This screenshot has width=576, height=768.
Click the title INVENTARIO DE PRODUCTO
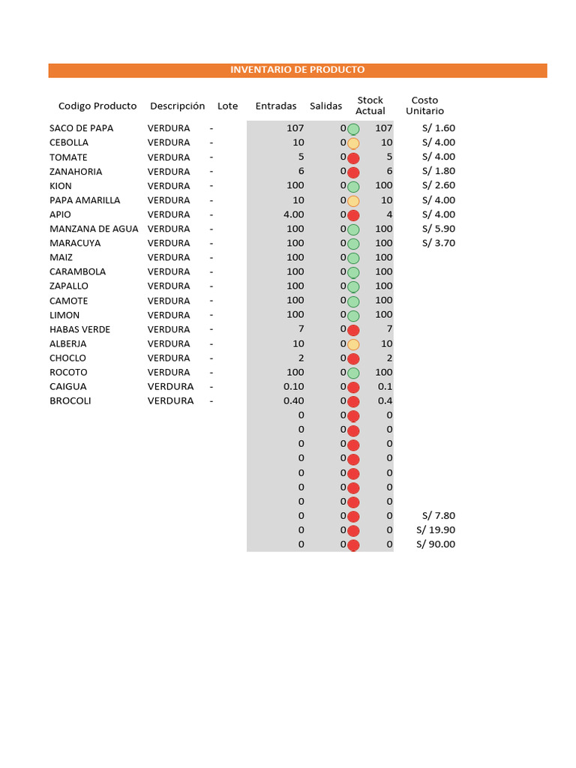tap(297, 70)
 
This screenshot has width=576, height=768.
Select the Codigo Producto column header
tap(97, 106)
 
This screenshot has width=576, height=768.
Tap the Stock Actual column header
tap(370, 106)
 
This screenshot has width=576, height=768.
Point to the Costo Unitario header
tap(424, 106)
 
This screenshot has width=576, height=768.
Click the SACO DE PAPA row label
tap(81, 128)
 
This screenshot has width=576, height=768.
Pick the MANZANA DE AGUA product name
tap(94, 229)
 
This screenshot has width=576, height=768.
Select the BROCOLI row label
tap(70, 401)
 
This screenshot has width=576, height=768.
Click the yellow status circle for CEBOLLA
tap(353, 143)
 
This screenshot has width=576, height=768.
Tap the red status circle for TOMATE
tap(353, 157)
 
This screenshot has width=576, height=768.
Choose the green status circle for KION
tap(353, 186)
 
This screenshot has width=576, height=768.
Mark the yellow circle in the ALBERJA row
tap(353, 344)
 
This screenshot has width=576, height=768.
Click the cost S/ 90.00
tap(436, 544)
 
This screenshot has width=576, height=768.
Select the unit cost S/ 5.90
tap(439, 229)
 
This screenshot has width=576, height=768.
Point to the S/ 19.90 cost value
tap(436, 530)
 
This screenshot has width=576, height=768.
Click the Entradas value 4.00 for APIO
tap(294, 214)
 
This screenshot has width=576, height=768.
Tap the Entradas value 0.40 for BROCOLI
tap(294, 401)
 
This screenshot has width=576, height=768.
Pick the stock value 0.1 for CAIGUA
tap(385, 387)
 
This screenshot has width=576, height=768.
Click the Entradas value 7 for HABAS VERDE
tap(301, 329)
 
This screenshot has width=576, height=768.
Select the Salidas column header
tap(325, 106)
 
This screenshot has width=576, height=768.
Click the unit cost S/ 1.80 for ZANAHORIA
tap(439, 171)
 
